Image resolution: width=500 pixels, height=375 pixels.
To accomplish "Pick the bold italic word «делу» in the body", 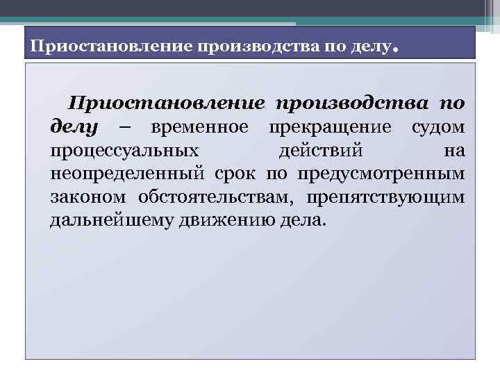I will pyautogui.click(x=76, y=128).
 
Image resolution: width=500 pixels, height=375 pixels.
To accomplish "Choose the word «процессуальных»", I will pyautogui.click(x=124, y=151).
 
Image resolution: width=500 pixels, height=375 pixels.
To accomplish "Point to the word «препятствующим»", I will pyautogui.click(x=385, y=197).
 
